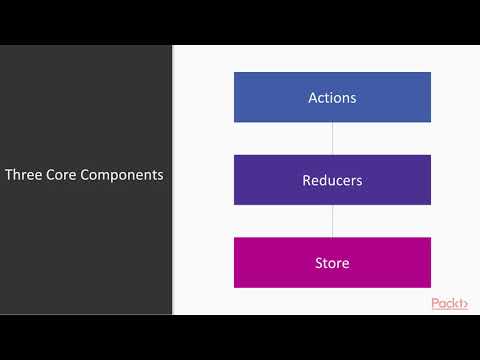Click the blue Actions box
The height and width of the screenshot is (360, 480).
tap(332, 97)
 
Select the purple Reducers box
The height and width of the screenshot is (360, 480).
tap(332, 180)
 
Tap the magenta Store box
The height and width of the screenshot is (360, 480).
tap(332, 263)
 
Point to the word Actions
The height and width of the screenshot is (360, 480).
tap(332, 98)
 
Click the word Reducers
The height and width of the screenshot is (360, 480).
tap(332, 181)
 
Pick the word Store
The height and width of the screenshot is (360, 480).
tap(332, 264)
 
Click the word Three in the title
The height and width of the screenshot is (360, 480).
tap(23, 175)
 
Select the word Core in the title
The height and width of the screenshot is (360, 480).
tap(62, 175)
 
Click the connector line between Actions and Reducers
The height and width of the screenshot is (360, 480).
tap(332, 138)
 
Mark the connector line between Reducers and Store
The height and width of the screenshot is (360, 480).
tap(332, 221)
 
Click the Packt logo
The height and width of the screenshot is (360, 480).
tap(449, 303)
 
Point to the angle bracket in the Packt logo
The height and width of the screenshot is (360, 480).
tap(465, 304)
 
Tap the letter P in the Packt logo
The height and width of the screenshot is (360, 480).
tap(436, 303)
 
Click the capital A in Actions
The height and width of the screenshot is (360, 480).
tap(312, 98)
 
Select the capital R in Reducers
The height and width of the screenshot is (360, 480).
tap(307, 181)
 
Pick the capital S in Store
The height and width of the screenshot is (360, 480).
tap(318, 264)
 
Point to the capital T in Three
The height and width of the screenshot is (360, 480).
tap(8, 175)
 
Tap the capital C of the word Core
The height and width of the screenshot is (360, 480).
tap(50, 175)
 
